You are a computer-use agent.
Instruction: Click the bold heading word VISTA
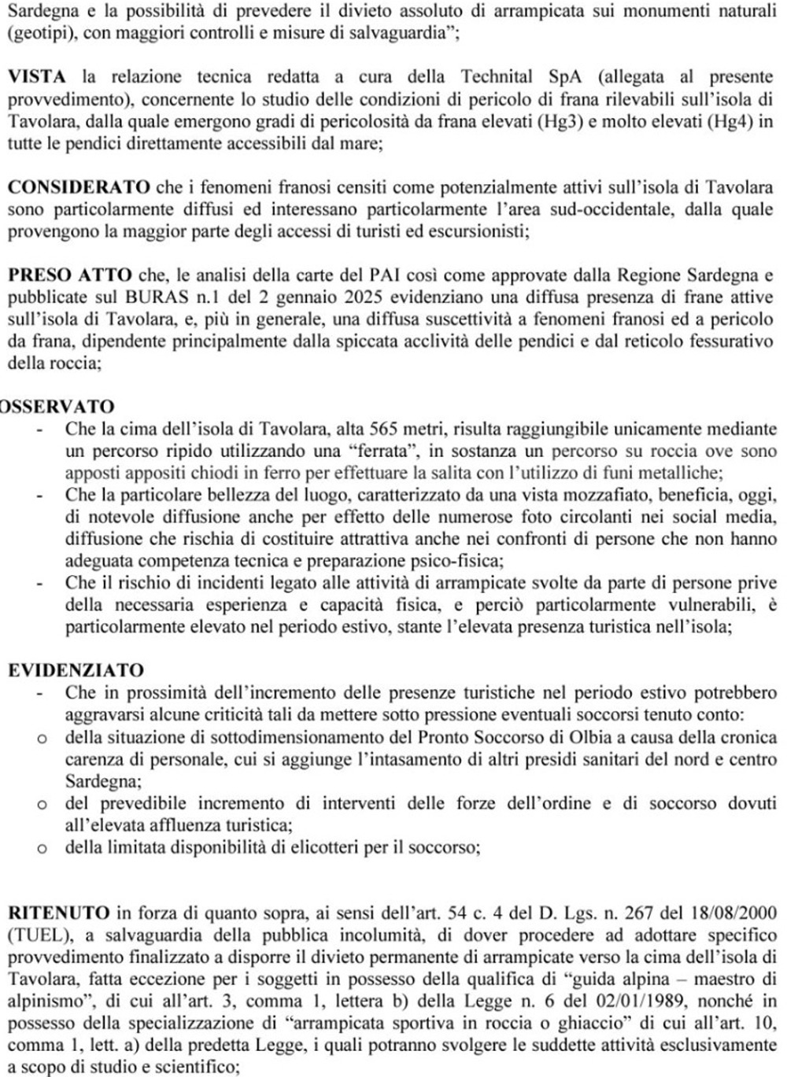click(x=37, y=76)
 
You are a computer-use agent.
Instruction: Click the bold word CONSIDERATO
click(x=79, y=187)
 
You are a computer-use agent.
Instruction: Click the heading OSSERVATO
click(x=57, y=407)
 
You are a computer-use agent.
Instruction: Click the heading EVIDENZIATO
click(x=76, y=670)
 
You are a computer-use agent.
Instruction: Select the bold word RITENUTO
click(x=59, y=913)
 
